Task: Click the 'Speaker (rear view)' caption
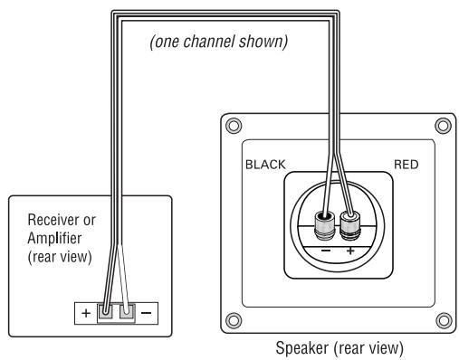[334, 347]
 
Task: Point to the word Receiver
[52, 219]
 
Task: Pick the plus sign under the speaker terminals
[350, 246]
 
